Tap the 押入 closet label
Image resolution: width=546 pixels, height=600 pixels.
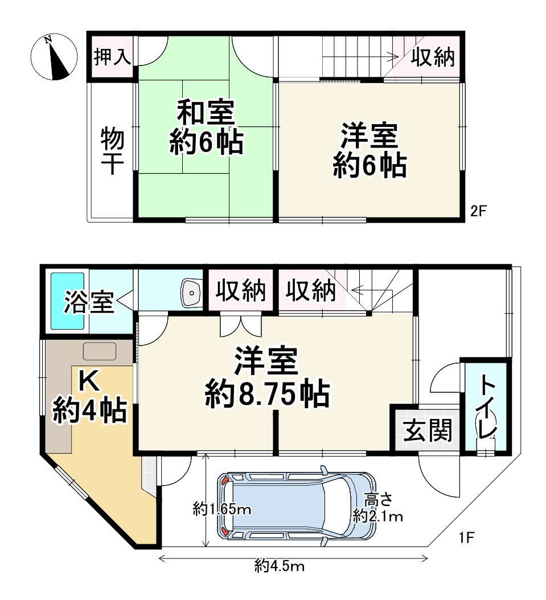[x=113, y=57]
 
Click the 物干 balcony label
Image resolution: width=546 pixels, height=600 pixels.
[x=112, y=150]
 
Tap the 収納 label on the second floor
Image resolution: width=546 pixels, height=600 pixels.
[x=433, y=57]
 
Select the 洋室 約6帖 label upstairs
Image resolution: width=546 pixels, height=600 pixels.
[x=370, y=151]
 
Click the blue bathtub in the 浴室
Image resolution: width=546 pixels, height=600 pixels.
[x=68, y=301]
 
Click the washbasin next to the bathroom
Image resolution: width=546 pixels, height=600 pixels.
[x=191, y=293]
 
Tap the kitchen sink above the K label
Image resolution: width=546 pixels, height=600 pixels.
[x=99, y=351]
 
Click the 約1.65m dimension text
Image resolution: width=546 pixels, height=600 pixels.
[x=222, y=508]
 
